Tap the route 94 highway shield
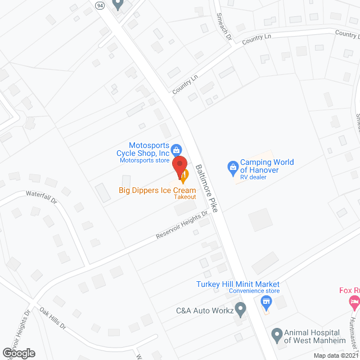[100, 5]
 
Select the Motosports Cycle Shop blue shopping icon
[177, 150]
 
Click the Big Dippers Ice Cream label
[157, 190]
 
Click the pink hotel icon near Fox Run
[353, 304]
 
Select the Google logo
[18, 353]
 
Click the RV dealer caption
[253, 178]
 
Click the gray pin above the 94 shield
[118, 4]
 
